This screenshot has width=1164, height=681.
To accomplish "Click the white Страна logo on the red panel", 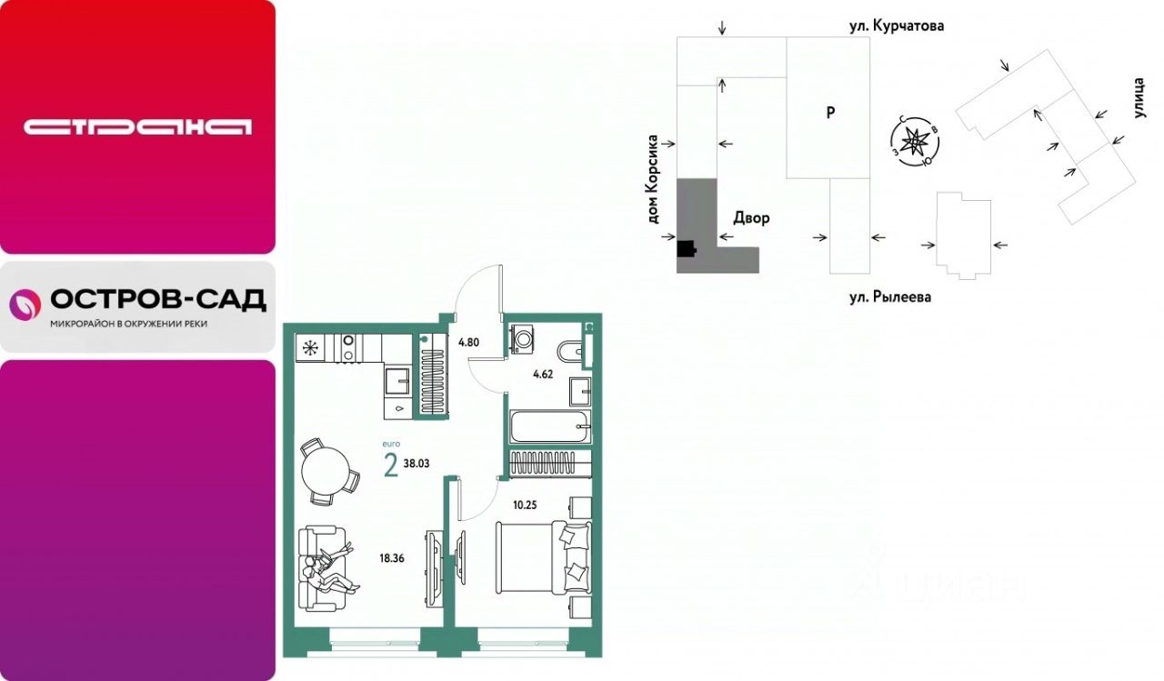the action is click(x=137, y=127).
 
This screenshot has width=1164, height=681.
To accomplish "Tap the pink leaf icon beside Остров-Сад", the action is click(x=25, y=305).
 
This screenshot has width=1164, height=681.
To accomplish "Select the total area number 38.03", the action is click(x=416, y=464).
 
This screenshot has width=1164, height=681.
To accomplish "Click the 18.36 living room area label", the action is click(x=392, y=558).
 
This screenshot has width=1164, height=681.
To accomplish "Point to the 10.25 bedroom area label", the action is click(x=525, y=505).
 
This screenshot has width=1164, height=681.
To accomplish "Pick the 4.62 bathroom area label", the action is click(x=543, y=374).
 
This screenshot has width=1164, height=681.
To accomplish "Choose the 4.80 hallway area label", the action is click(x=468, y=342).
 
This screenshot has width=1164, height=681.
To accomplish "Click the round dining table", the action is click(x=326, y=472).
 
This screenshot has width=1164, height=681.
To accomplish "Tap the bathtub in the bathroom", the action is click(x=550, y=426).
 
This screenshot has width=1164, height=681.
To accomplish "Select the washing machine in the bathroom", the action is click(x=522, y=339).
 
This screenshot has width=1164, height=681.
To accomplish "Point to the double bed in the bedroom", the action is click(x=544, y=558).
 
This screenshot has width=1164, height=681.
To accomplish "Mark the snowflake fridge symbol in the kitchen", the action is click(x=311, y=348).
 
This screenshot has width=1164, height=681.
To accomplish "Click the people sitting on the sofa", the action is click(x=331, y=569).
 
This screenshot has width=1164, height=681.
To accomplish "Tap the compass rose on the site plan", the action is click(x=914, y=142).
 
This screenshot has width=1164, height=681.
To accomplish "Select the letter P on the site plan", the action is click(x=830, y=112).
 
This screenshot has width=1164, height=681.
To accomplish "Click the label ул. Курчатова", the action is click(x=897, y=25).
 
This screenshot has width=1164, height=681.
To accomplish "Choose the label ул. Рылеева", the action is click(x=890, y=297).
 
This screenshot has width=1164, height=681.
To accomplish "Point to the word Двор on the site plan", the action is click(x=751, y=217).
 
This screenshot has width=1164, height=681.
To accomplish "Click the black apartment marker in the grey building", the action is click(x=686, y=249).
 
